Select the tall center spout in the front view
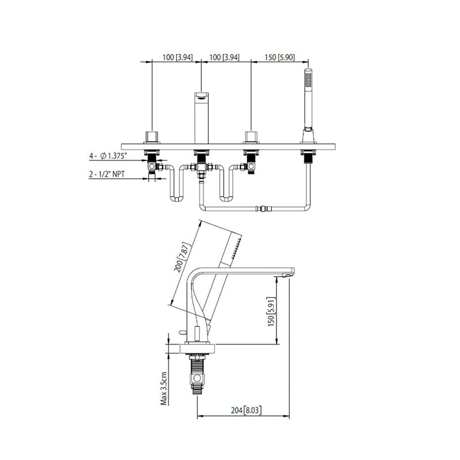(201, 118)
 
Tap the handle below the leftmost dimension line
(152, 137)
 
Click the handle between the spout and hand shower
(251, 137)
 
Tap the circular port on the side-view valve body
(198, 378)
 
